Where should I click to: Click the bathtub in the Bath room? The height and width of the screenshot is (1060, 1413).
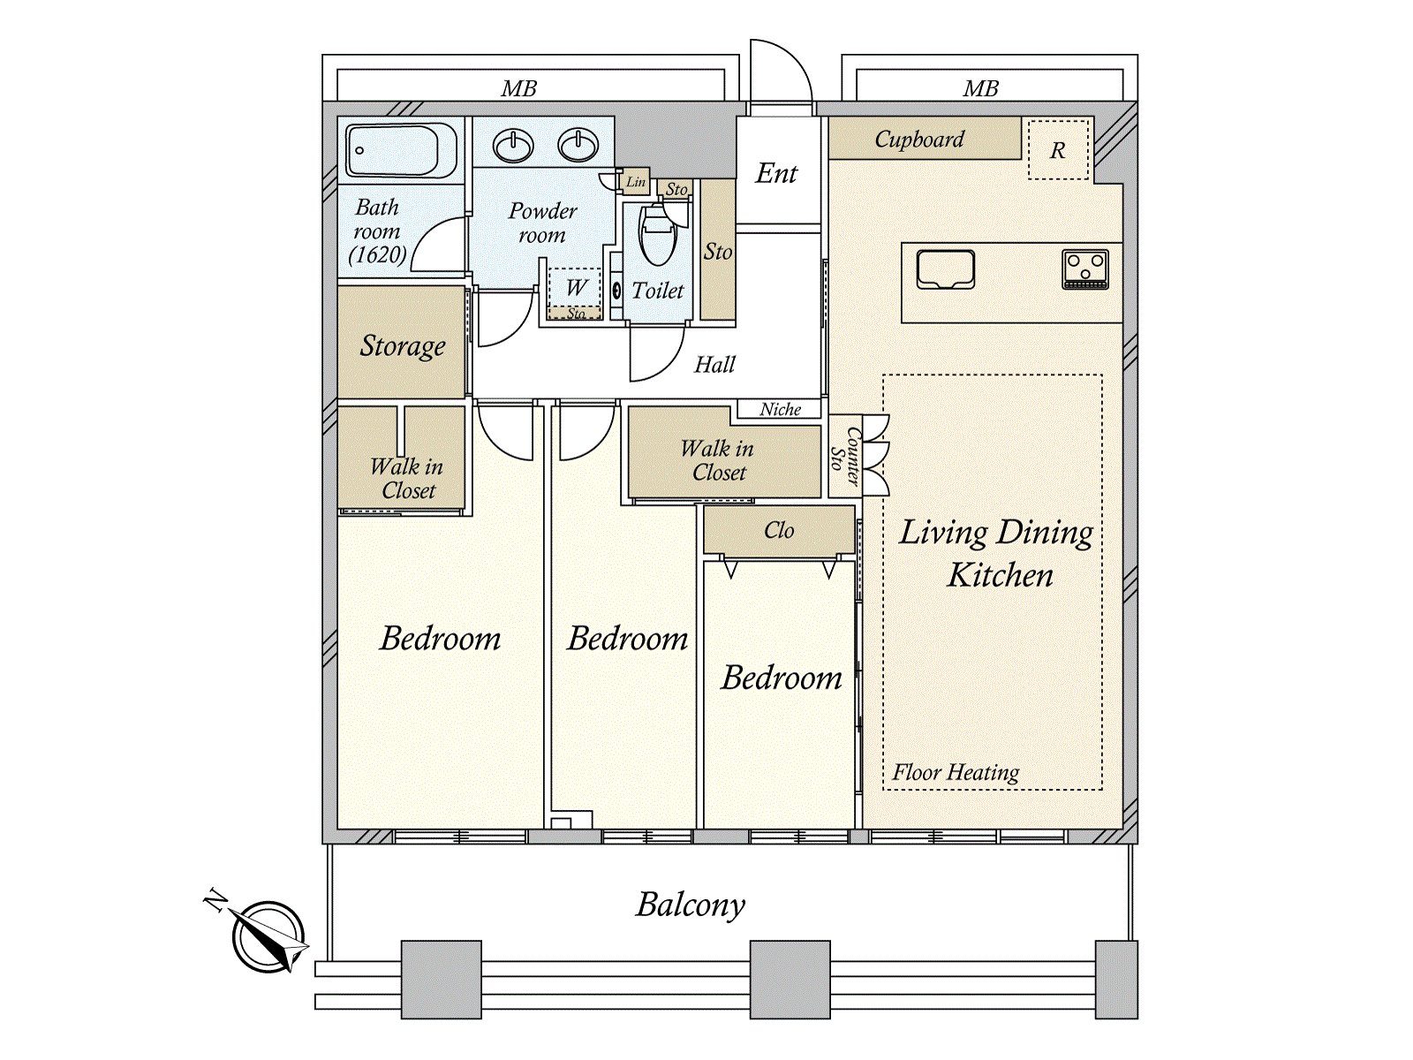pyautogui.click(x=402, y=151)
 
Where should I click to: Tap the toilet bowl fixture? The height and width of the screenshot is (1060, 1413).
pyautogui.click(x=657, y=236)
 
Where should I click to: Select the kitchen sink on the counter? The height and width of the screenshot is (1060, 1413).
pyautogui.click(x=945, y=269)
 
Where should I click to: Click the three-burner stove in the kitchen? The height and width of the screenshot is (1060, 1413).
pyautogui.click(x=1085, y=269)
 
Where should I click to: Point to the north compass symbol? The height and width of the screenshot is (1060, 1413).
pyautogui.click(x=268, y=935)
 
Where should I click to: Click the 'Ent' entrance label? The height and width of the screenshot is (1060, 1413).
pyautogui.click(x=776, y=173)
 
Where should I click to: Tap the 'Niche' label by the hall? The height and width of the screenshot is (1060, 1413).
pyautogui.click(x=780, y=409)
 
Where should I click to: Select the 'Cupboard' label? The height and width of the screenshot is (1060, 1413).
pyautogui.click(x=919, y=139)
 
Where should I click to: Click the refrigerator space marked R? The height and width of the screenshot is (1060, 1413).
pyautogui.click(x=1058, y=150)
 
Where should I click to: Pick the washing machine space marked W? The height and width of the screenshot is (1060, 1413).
pyautogui.click(x=576, y=287)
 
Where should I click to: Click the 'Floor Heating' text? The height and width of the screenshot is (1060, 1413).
pyautogui.click(x=956, y=772)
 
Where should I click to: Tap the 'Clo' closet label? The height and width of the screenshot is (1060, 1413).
pyautogui.click(x=779, y=530)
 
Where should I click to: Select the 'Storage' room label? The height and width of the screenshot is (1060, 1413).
pyautogui.click(x=403, y=345)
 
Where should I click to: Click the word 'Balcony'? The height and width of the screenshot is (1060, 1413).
pyautogui.click(x=691, y=905)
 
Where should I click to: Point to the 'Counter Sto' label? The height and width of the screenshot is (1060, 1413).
pyautogui.click(x=845, y=457)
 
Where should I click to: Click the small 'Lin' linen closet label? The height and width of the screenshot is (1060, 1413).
pyautogui.click(x=635, y=182)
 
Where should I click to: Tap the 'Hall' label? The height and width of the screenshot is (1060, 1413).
pyautogui.click(x=714, y=365)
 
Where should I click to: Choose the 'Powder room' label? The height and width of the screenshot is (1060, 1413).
pyautogui.click(x=542, y=223)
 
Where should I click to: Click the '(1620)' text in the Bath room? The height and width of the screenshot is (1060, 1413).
pyautogui.click(x=377, y=255)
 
